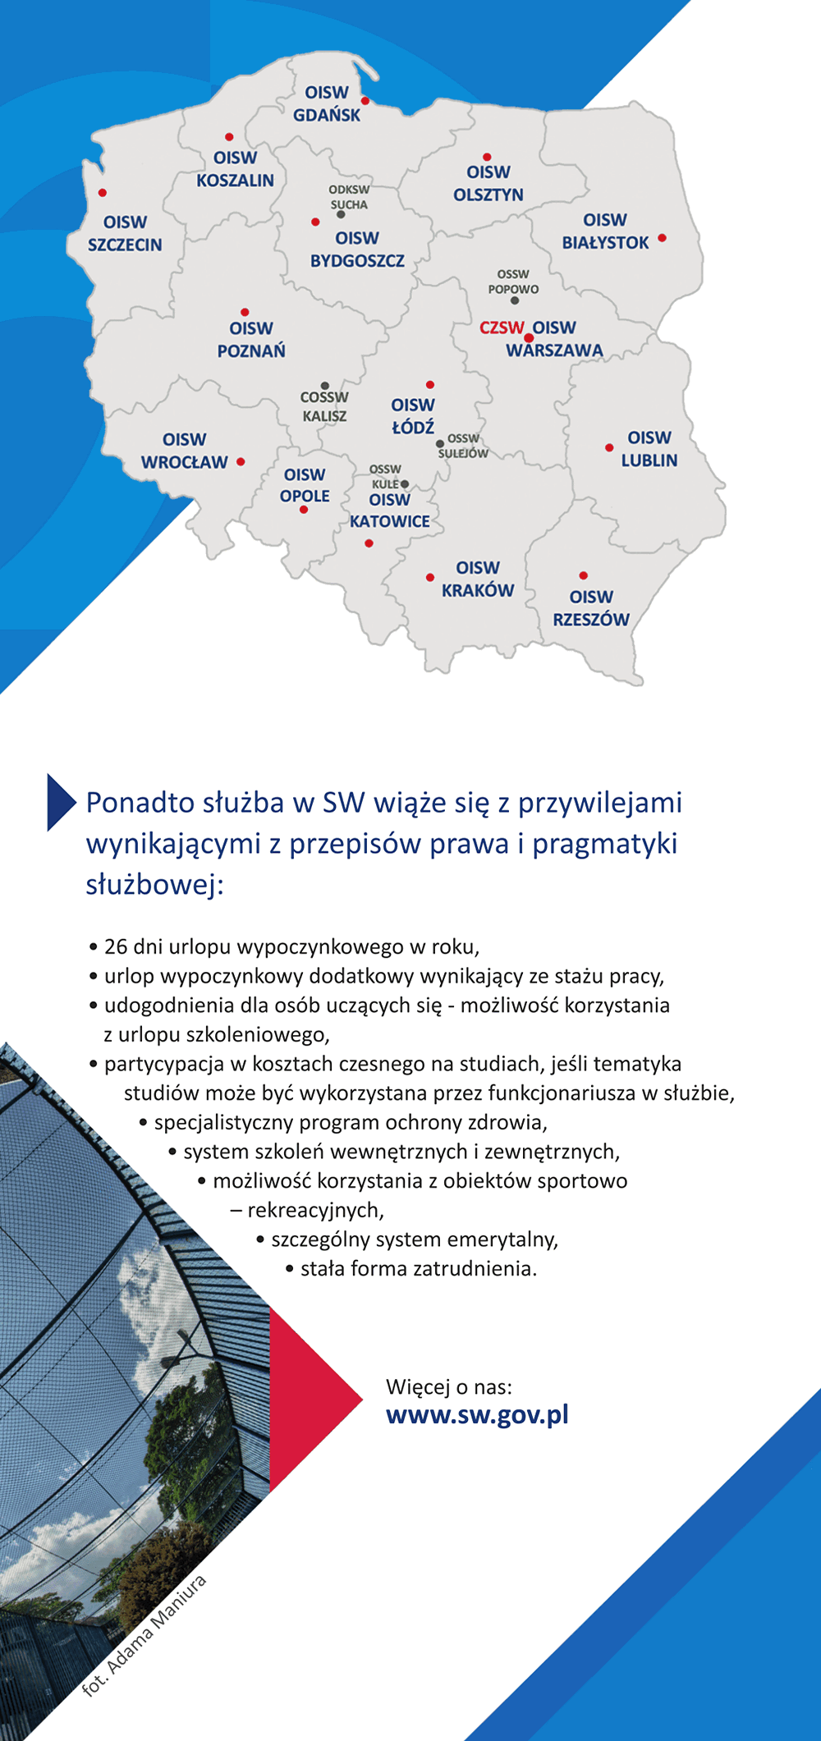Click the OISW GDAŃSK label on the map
point(327,103)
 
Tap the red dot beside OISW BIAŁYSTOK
point(662,238)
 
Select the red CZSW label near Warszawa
point(502,328)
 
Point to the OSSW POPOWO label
point(513,282)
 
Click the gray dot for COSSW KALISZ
point(325,386)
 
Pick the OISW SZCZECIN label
point(125,233)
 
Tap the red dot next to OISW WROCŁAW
point(241,461)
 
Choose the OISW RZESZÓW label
point(591,608)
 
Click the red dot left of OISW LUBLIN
point(609,447)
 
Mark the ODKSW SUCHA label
point(349,197)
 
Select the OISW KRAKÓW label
point(478,579)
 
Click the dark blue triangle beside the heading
point(62,802)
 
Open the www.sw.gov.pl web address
point(477,1415)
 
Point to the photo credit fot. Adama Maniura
point(144,1634)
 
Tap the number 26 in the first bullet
point(116,946)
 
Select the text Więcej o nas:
point(449,1387)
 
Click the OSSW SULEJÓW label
point(463,446)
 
